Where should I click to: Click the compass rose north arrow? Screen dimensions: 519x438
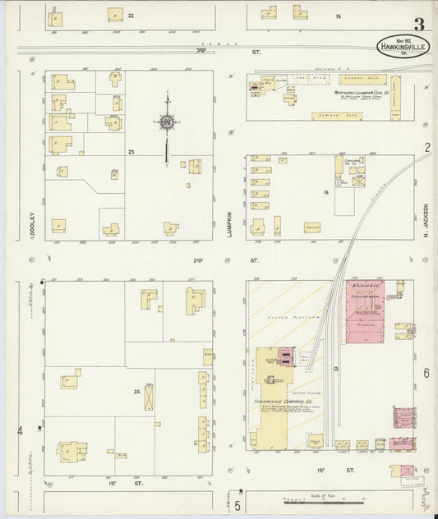[x=167, y=125]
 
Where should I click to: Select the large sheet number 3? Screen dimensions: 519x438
[x=419, y=24]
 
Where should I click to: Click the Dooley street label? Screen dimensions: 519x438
[x=30, y=225]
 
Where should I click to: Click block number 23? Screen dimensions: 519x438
[x=131, y=152]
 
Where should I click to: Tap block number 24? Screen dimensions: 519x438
[x=136, y=392]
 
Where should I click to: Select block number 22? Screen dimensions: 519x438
[x=131, y=16]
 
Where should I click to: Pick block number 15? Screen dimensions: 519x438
[x=337, y=16]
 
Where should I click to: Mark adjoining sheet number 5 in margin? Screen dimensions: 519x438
[x=237, y=504]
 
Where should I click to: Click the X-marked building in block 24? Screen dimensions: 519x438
[x=150, y=397]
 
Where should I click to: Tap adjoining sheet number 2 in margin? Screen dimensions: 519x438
[x=427, y=148]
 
